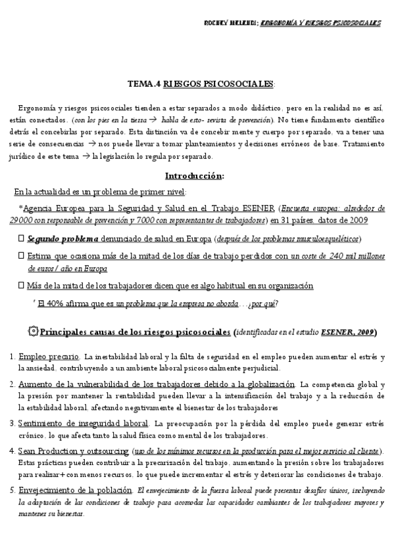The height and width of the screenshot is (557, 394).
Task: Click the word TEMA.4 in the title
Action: tap(144, 85)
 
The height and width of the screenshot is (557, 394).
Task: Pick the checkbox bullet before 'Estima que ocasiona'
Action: tap(21, 255)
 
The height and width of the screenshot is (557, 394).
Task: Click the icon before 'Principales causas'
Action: tap(33, 331)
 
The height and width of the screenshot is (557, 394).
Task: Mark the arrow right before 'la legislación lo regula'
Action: tap(86, 157)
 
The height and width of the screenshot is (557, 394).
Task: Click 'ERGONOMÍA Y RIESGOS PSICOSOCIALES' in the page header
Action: tap(320, 23)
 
